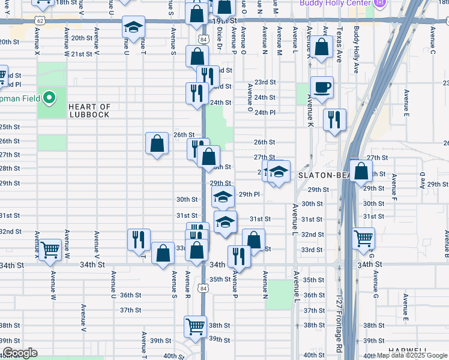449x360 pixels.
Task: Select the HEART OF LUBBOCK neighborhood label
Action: coord(89,110)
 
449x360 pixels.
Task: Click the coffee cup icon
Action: coord(322,87)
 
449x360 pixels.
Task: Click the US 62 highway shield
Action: coord(40,20)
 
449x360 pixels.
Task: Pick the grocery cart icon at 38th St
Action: coord(195,326)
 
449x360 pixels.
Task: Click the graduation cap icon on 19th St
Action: coord(133,27)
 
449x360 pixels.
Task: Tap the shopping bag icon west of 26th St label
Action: coord(157,143)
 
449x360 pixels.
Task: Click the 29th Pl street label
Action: coord(249,194)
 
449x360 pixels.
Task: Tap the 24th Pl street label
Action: coord(264,112)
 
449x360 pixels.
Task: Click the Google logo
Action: coord(20,353)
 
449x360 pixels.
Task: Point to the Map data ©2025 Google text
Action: coord(411,356)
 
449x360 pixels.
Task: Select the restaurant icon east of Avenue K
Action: coord(334,119)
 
